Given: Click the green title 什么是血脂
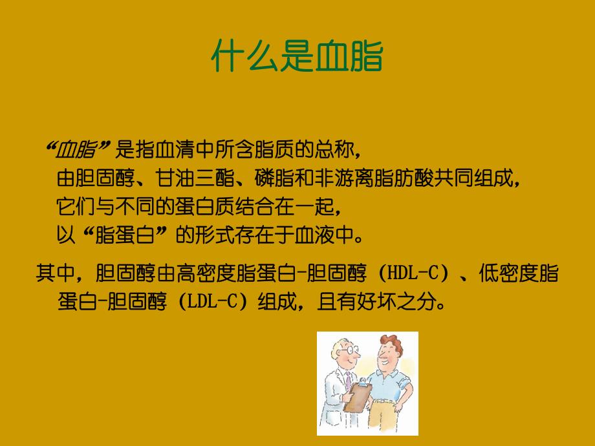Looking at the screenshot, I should click(297, 58).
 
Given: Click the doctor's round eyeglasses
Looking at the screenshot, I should click(350, 350).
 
